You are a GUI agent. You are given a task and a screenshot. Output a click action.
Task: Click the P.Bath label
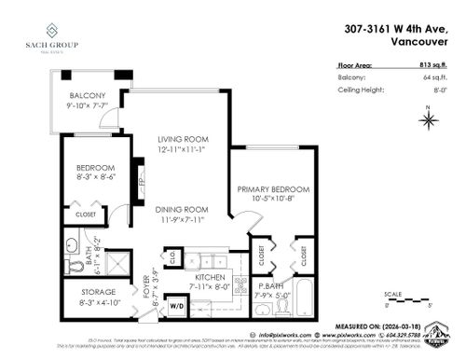tap(271, 287)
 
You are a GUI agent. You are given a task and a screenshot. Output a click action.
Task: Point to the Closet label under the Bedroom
tap(85, 215)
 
